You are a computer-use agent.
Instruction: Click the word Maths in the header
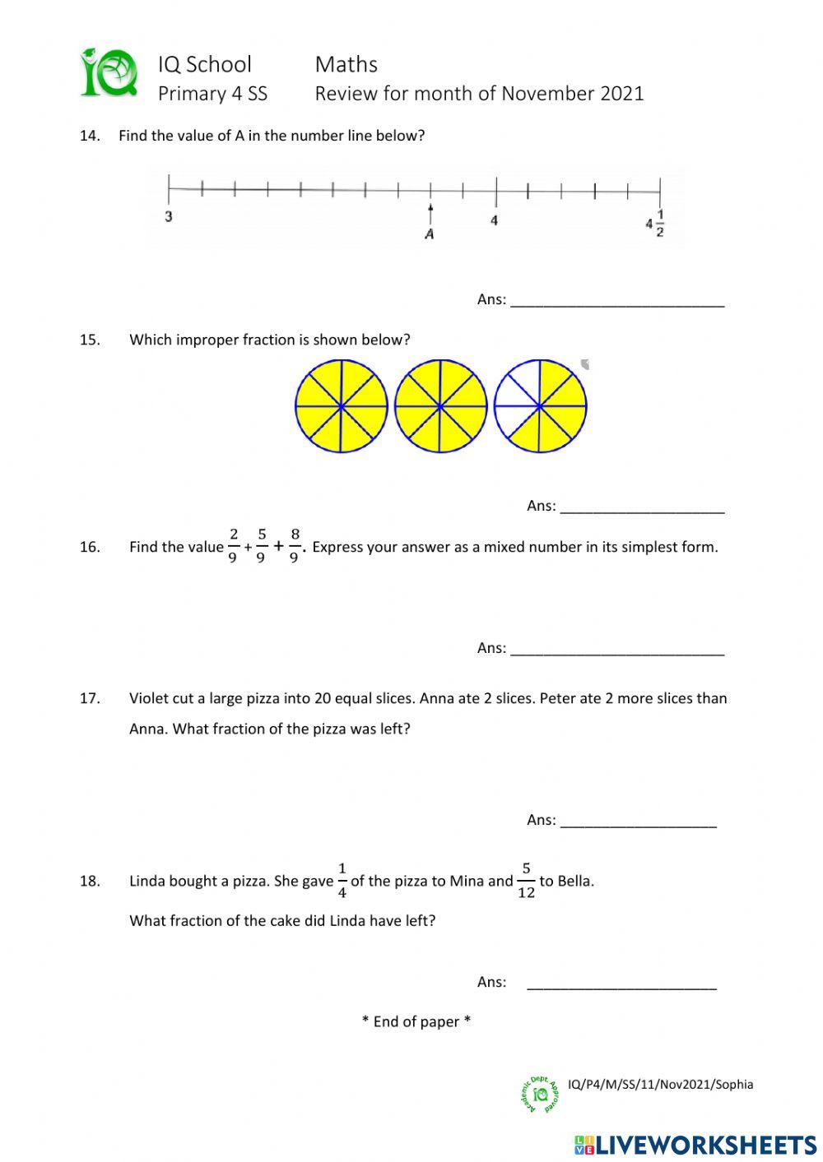pos(346,64)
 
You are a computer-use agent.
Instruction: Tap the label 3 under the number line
pos(169,217)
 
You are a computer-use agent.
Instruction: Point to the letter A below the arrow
pos(429,234)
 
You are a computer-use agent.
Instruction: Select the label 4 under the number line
pos(494,220)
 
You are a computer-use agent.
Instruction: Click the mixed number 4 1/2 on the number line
pos(656,224)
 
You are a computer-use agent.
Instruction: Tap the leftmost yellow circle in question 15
pos(341,406)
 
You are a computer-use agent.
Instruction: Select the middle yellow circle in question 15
pos(440,406)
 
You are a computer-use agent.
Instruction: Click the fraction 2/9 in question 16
pos(234,546)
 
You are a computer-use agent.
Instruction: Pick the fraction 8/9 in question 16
pos(295,546)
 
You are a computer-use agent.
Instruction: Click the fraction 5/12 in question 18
pos(526,880)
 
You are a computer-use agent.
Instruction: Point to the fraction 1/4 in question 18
pos(342,880)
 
